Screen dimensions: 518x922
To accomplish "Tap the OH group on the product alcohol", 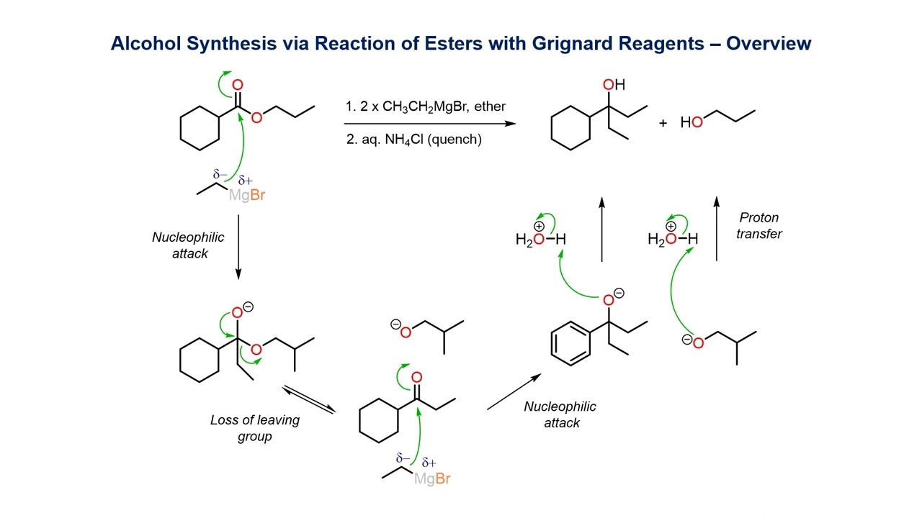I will click(x=613, y=86).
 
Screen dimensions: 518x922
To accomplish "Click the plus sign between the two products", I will click(x=663, y=123).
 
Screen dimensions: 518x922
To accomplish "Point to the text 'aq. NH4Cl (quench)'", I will click(x=414, y=140).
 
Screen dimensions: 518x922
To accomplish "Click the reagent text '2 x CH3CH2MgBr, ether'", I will click(x=426, y=106).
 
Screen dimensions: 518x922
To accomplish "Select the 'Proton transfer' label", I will click(x=759, y=225).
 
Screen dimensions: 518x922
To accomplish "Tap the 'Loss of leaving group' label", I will click(x=255, y=428).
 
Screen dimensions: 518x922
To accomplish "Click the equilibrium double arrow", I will click(x=308, y=399).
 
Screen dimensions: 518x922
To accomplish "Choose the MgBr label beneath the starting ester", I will click(x=247, y=195).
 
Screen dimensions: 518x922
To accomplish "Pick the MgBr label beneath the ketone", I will click(x=432, y=478).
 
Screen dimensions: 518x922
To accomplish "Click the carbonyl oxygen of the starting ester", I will click(x=238, y=86).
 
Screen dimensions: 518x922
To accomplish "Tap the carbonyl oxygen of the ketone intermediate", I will click(x=416, y=378).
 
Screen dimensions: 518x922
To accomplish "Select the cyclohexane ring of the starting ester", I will click(x=199, y=129).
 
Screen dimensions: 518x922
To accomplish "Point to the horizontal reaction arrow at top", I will click(x=430, y=123).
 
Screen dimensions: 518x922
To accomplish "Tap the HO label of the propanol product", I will click(x=691, y=123).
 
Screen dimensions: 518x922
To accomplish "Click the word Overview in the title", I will click(x=769, y=44).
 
